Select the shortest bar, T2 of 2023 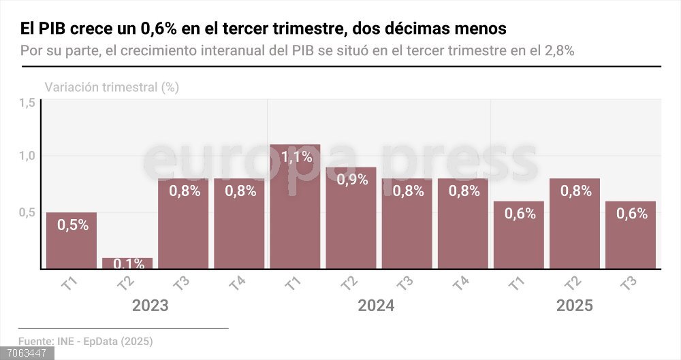(x=127, y=263)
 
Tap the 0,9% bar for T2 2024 (x=351, y=218)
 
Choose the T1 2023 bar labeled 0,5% (x=72, y=240)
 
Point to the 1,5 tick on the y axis (x=27, y=103)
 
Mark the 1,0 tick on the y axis (x=27, y=157)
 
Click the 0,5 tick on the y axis (x=27, y=212)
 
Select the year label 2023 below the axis (x=150, y=306)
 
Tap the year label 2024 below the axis (x=375, y=306)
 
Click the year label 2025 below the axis (x=574, y=306)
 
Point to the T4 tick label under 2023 (x=238, y=284)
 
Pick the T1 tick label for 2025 (x=518, y=284)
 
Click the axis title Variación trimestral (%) (x=112, y=87)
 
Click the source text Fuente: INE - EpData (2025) (x=85, y=341)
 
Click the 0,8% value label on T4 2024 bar (x=462, y=191)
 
